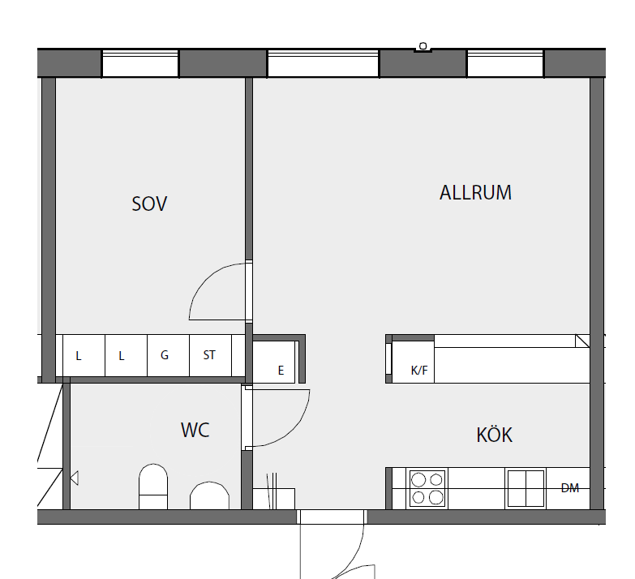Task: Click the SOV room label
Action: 149,204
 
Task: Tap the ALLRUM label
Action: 475,193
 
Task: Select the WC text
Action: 195,430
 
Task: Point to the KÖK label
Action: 494,434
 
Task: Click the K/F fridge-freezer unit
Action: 413,362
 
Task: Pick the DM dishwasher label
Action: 570,488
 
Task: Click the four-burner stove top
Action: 427,488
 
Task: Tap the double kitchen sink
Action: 526,488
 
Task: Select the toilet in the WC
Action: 153,487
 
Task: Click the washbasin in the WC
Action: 209,495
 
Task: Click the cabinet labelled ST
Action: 210,355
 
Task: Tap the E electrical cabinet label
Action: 281,370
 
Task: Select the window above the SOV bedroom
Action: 139,63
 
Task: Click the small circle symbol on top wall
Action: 423,46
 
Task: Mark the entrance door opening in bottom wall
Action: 332,517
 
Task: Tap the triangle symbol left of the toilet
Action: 75,478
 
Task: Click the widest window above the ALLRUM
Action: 323,63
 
